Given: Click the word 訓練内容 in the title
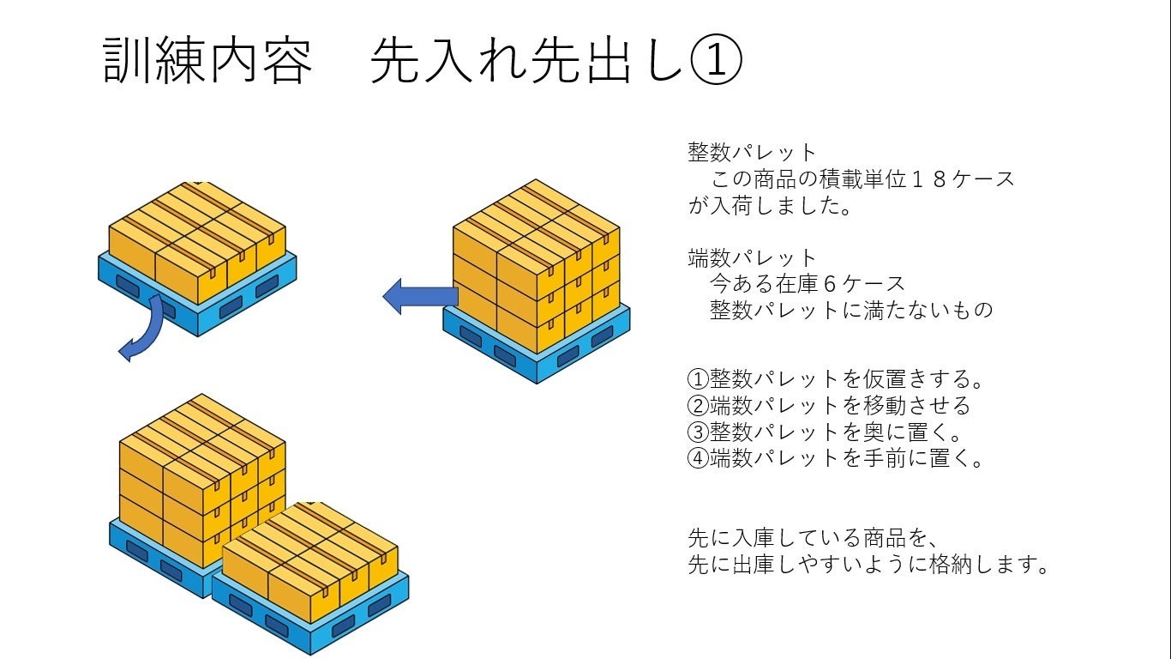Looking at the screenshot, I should point(207,60).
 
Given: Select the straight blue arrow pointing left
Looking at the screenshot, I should point(418,296).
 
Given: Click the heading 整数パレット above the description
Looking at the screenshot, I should point(753,152).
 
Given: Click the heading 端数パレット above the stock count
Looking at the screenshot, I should point(753,257).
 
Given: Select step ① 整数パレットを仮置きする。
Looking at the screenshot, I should point(836,378).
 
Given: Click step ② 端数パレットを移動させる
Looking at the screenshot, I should point(829,404).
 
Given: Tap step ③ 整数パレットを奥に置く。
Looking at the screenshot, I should point(826,431).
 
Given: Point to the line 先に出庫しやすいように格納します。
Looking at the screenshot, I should point(868,565).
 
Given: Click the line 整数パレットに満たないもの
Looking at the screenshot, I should point(851,309).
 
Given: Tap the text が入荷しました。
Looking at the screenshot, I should point(770,206).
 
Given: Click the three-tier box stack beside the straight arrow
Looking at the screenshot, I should point(536,266).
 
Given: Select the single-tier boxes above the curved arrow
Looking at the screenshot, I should point(197,240).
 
